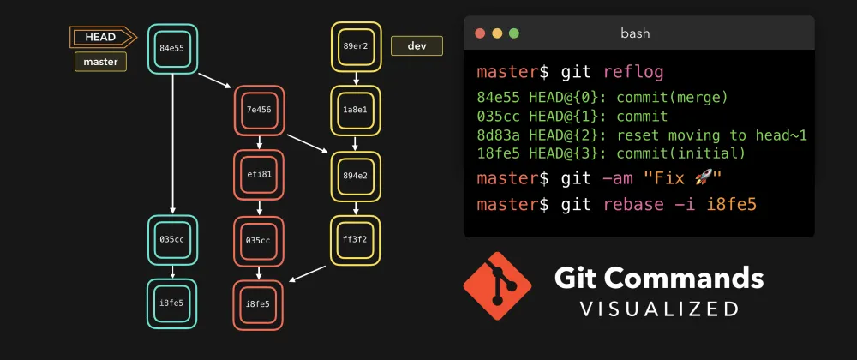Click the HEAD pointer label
pos(100,37)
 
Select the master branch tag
pos(100,62)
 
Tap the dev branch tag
pos(417,46)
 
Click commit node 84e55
pos(173,48)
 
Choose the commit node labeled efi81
pos(259,174)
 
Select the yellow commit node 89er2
pos(356,46)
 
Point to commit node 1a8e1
pos(356,110)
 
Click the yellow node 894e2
pos(356,175)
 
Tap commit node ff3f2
pos(356,240)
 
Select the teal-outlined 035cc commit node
pos(173,240)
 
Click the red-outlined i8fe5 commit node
pos(259,304)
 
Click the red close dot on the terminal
pos(480,33)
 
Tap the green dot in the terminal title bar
pos(514,33)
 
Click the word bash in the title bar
pos(635,33)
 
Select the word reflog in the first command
pos(627,71)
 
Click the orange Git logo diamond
pos(497,285)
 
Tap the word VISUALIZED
pos(659,308)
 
